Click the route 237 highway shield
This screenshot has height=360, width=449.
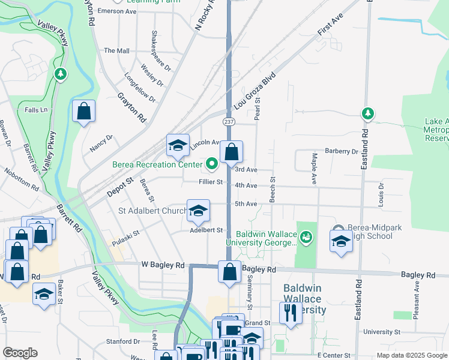click(229, 122)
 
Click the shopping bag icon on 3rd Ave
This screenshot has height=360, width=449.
click(231, 153)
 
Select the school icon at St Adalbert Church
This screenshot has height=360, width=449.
click(198, 211)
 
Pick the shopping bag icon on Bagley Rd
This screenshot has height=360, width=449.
click(229, 272)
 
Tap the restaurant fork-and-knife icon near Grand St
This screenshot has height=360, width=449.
click(290, 313)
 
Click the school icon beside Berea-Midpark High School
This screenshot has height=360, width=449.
click(341, 242)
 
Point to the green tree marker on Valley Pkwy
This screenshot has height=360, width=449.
click(59, 74)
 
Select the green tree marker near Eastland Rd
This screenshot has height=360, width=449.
click(367, 113)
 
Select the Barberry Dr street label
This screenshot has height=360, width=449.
click(341, 151)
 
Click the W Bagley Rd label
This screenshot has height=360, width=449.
click(163, 265)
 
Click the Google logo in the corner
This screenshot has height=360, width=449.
click(20, 353)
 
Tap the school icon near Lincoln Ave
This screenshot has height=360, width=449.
click(178, 146)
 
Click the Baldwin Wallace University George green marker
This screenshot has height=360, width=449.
click(307, 238)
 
